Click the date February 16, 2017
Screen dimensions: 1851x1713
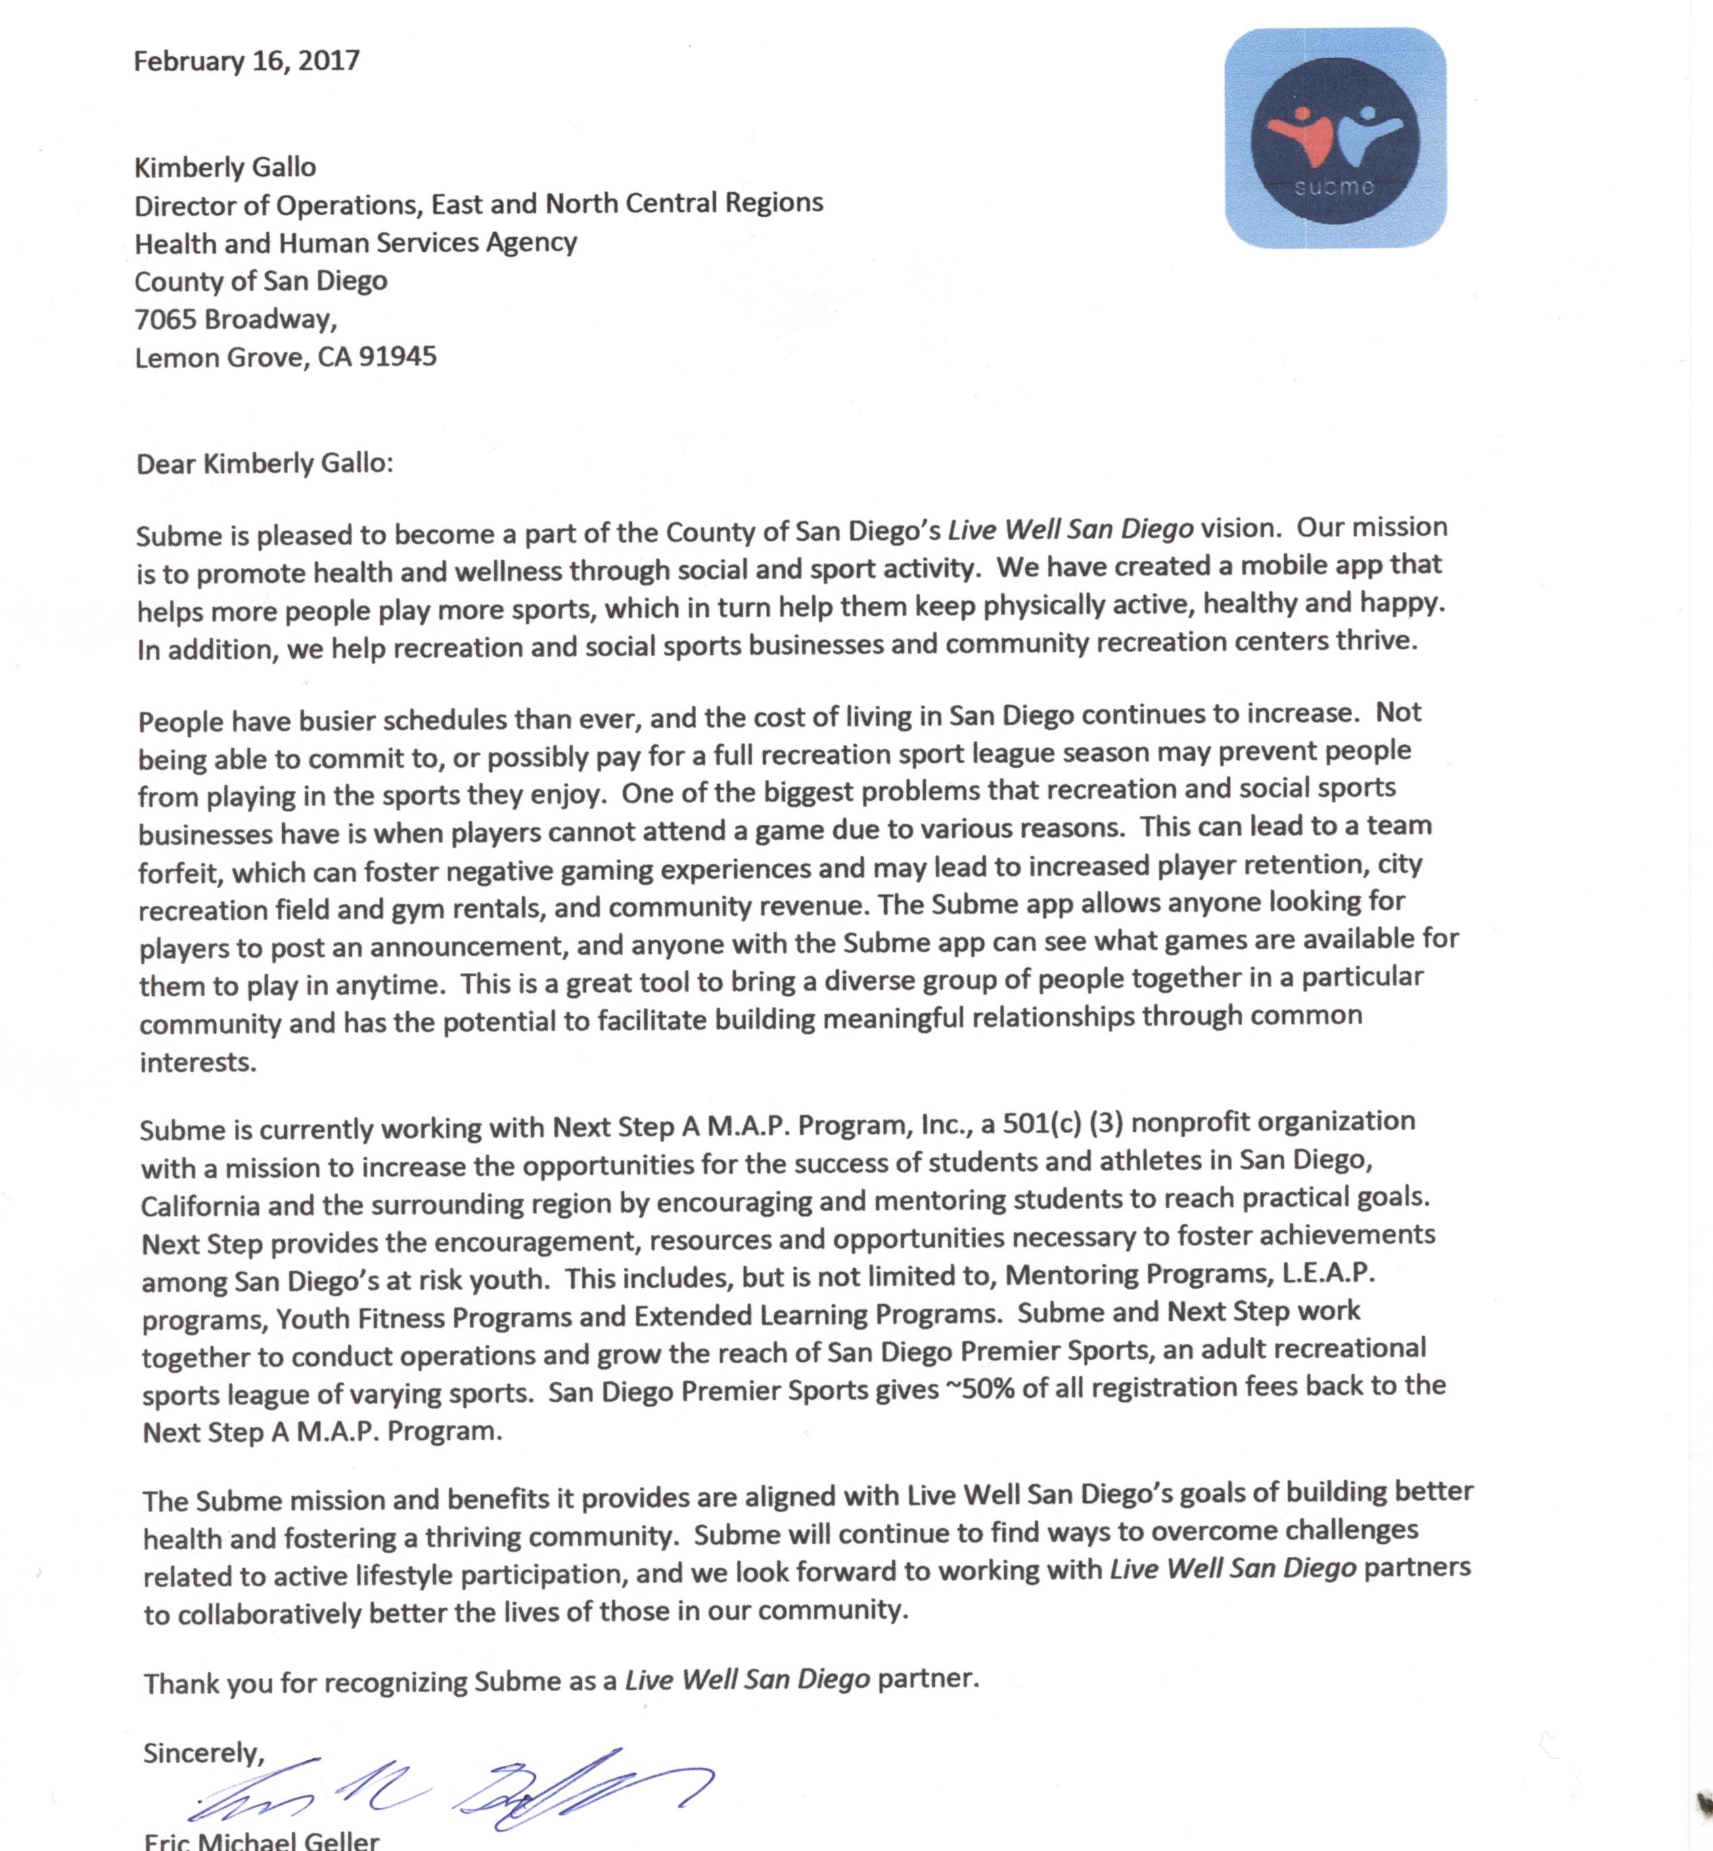pyautogui.click(x=246, y=61)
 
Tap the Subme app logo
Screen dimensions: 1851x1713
pyautogui.click(x=1335, y=138)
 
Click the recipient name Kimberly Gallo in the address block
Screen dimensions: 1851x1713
pyautogui.click(x=225, y=168)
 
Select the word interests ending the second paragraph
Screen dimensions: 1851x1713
pyautogui.click(x=198, y=1062)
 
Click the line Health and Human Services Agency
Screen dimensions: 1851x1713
pyautogui.click(x=356, y=243)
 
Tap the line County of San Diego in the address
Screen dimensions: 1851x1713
pyautogui.click(x=260, y=281)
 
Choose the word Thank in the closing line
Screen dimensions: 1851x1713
pyautogui.click(x=179, y=1683)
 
